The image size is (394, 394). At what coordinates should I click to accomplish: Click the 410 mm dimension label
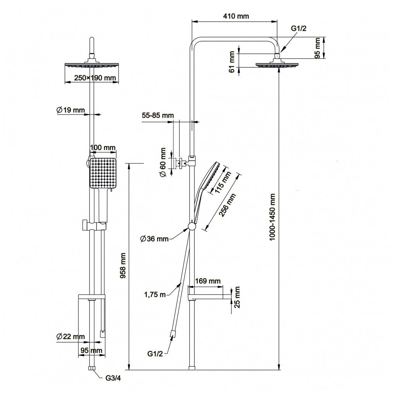[236, 16]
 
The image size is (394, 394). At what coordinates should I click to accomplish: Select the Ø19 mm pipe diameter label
[70, 110]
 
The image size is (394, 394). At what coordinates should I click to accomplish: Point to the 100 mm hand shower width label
[103, 148]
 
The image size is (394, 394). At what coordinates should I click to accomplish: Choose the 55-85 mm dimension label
[158, 115]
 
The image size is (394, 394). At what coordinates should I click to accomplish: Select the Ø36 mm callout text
[155, 239]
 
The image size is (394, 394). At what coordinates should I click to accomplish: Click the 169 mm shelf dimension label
[208, 281]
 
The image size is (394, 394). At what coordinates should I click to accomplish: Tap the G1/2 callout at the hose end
[155, 353]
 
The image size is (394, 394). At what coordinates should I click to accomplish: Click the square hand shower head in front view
[103, 173]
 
